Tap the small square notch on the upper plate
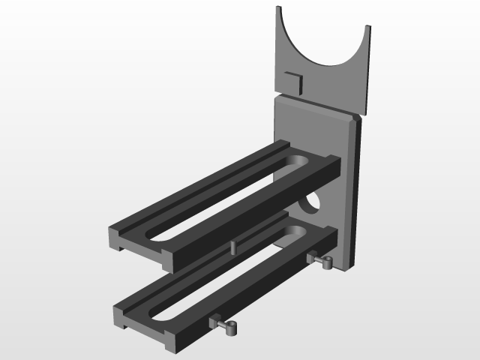coord(292,81)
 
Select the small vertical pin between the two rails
coord(233,245)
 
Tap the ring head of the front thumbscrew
coord(232,327)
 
